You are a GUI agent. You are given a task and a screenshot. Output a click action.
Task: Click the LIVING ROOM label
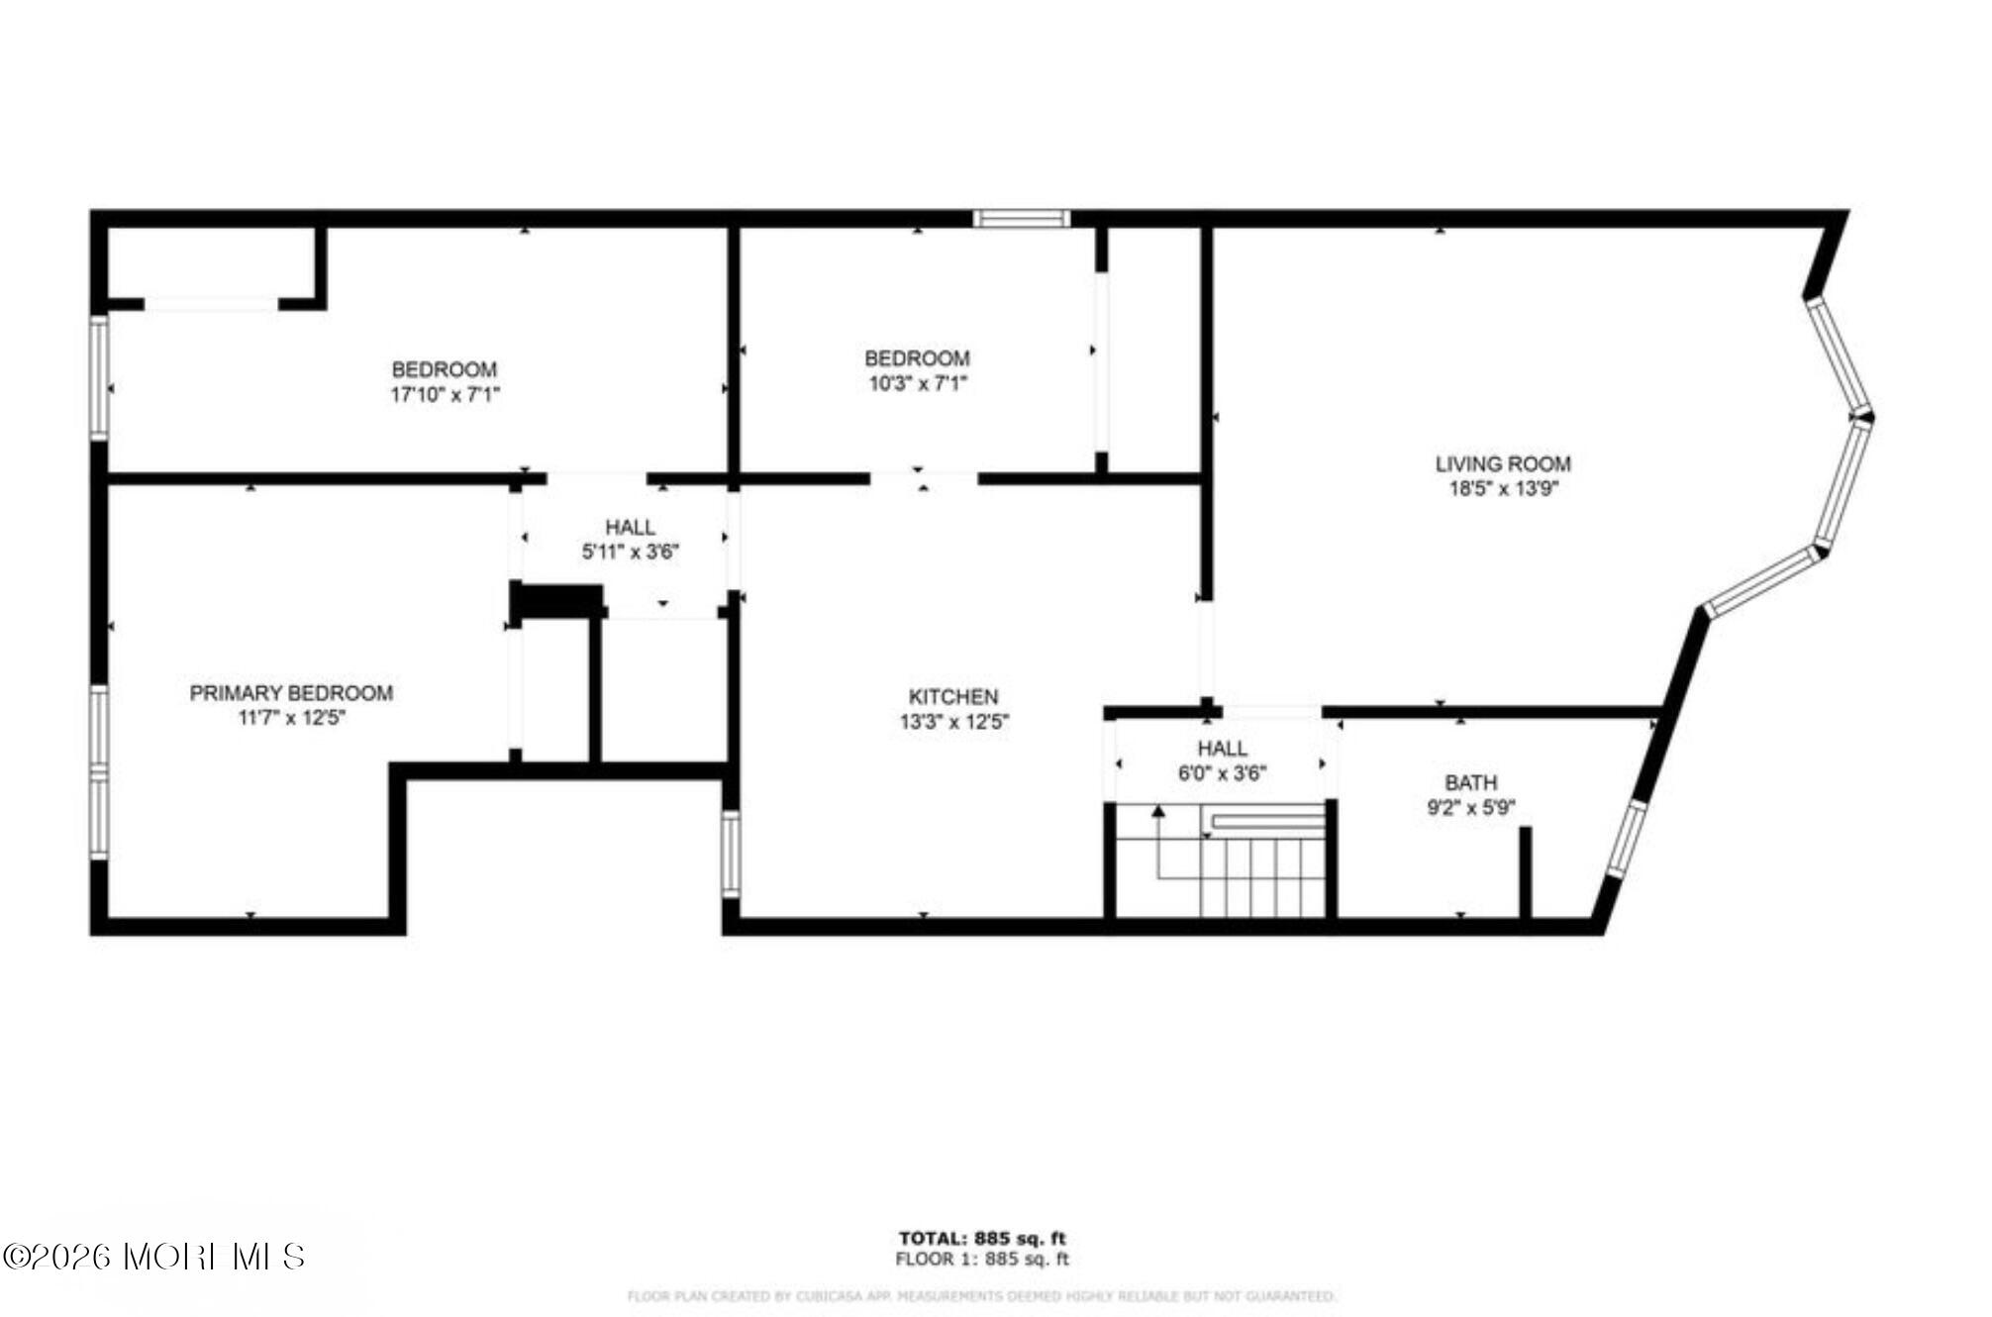(x=1502, y=463)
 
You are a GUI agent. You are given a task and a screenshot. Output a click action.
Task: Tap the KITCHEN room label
(x=952, y=697)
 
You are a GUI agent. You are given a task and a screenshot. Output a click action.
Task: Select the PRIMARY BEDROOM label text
(x=291, y=693)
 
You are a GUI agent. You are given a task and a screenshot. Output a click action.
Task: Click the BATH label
(x=1470, y=782)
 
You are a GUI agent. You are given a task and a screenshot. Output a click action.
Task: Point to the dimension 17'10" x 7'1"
(x=445, y=394)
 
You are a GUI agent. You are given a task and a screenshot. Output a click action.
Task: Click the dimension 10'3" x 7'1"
(x=917, y=383)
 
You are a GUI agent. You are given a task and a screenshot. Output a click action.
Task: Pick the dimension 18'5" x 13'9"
(x=1503, y=488)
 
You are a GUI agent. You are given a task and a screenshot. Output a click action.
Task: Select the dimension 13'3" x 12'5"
(x=953, y=722)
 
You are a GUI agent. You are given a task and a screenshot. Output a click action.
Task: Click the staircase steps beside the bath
(x=1262, y=877)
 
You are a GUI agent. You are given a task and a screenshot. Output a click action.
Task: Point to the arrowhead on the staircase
(x=1157, y=813)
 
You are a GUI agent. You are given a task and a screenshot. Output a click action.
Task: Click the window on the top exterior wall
(x=1021, y=219)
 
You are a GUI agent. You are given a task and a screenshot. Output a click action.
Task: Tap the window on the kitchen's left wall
(x=731, y=854)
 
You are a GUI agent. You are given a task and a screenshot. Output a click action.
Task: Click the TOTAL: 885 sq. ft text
(x=981, y=1238)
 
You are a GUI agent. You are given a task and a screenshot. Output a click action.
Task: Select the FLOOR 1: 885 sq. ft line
(x=981, y=1260)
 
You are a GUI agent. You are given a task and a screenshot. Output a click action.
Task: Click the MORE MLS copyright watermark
(x=153, y=1257)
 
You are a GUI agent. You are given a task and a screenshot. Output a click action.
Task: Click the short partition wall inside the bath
(x=1525, y=871)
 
